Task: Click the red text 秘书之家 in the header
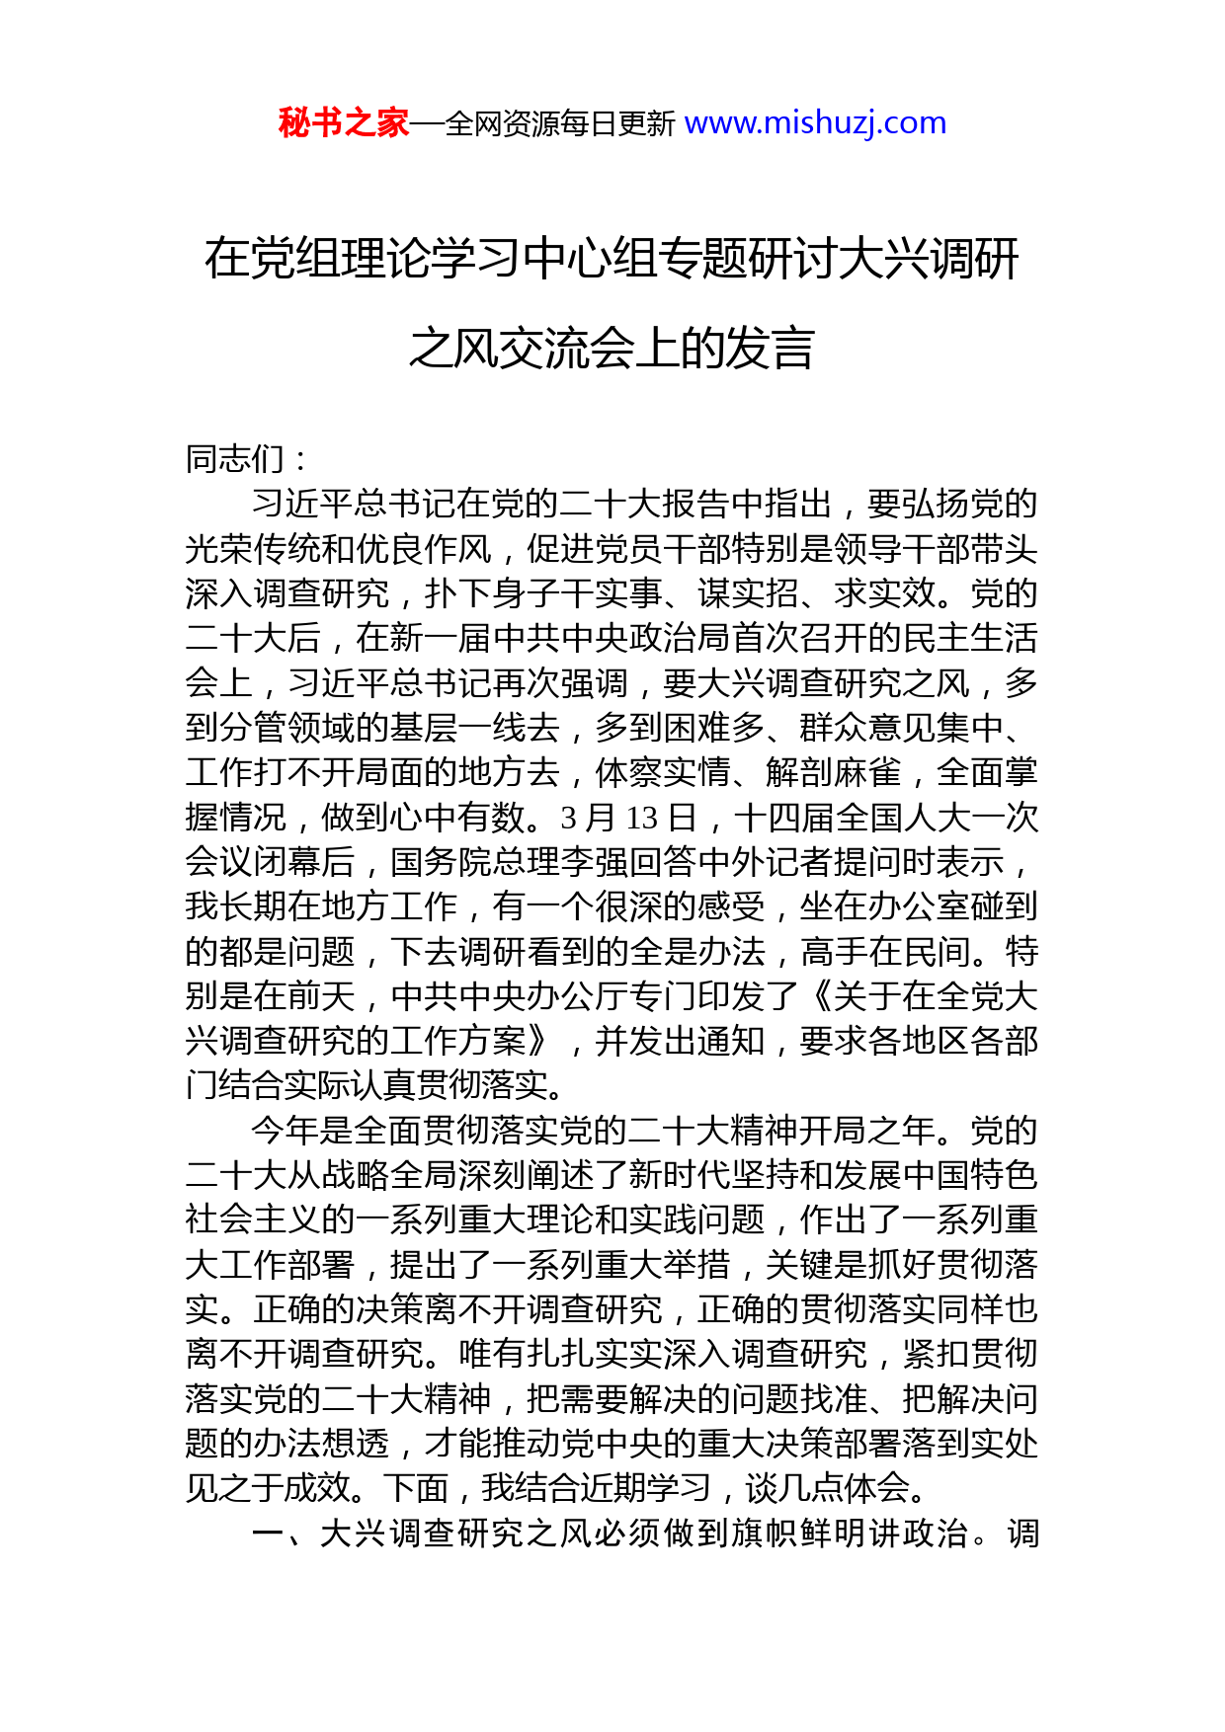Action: tap(344, 123)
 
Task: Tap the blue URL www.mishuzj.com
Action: tap(815, 123)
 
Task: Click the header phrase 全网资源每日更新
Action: tap(560, 124)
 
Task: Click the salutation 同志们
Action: tap(235, 459)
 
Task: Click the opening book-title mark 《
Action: tap(816, 996)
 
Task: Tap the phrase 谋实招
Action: tap(748, 593)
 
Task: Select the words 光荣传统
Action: tap(252, 549)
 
